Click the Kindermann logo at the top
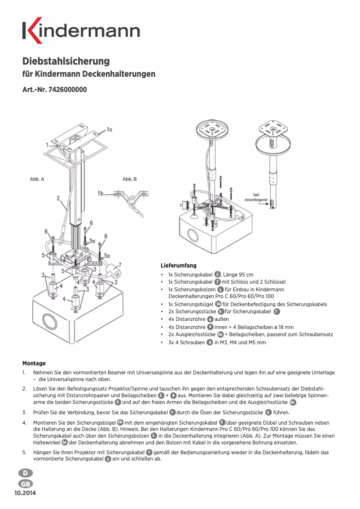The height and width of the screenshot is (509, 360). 81,30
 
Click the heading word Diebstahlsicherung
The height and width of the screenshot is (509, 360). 66,61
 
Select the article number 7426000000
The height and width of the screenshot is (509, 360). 67,90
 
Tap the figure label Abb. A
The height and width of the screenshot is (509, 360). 37,179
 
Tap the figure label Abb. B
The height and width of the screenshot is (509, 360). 130,179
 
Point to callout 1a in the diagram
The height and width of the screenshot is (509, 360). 110,130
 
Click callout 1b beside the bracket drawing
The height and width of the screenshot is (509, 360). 101,193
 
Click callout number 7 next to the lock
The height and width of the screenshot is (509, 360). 120,265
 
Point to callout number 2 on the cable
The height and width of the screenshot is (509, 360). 58,198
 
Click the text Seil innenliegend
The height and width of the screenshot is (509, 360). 256,197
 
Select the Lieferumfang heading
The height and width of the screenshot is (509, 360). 179,266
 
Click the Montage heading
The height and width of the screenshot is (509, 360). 34,363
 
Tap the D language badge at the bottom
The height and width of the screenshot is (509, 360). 25,473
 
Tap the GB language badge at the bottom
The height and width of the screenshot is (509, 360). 25,484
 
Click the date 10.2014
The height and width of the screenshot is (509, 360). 25,493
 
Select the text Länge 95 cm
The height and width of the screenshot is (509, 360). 238,275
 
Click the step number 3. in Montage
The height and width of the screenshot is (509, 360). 24,412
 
